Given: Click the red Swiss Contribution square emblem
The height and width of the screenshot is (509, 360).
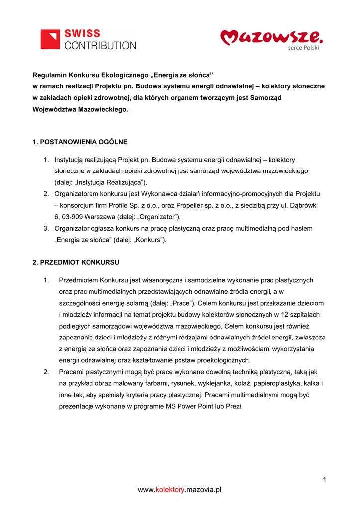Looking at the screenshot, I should [x=50, y=39].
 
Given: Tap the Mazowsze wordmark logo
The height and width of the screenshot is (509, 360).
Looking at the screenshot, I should [x=271, y=36].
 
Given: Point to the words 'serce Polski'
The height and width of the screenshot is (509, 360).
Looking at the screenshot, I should [x=303, y=48].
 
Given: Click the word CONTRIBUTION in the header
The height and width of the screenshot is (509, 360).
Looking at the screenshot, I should [x=100, y=45].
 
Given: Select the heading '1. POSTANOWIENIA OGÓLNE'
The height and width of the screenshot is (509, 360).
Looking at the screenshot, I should [x=80, y=142].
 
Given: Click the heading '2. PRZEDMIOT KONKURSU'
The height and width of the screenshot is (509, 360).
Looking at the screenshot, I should [x=76, y=262].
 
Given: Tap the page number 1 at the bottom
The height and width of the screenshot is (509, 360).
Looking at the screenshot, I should [x=324, y=480].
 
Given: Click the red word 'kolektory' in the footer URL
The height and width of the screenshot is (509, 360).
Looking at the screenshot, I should [x=170, y=490].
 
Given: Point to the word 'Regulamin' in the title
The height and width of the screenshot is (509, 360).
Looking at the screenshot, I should [x=49, y=75].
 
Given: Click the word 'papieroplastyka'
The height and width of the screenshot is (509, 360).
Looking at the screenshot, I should [x=273, y=383].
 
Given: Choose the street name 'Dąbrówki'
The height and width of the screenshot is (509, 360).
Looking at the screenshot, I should [x=304, y=205].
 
